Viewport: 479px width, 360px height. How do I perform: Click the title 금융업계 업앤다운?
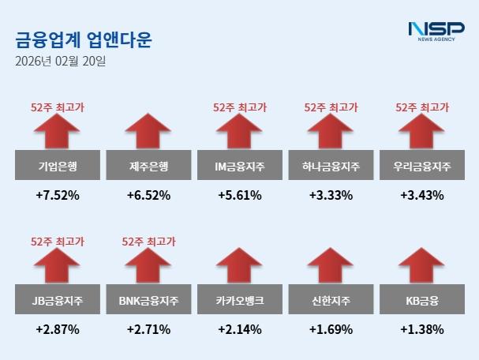click(x=84, y=39)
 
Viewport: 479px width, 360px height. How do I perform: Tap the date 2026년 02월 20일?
click(x=60, y=61)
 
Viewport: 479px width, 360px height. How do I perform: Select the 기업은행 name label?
click(x=57, y=167)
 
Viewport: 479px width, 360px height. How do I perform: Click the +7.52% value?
click(x=57, y=195)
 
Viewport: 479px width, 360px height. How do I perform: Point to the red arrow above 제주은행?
click(x=148, y=131)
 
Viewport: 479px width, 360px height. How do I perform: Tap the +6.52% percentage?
click(x=148, y=195)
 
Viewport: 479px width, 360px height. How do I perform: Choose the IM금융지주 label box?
click(x=240, y=167)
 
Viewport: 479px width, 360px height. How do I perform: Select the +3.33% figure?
click(x=331, y=195)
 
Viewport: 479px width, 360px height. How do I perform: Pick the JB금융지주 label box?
click(x=57, y=301)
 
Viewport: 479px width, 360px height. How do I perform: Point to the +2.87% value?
click(x=57, y=329)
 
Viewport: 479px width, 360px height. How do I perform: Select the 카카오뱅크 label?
click(x=240, y=301)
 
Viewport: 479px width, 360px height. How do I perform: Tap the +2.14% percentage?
click(x=240, y=329)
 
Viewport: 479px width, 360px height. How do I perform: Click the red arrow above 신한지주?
click(x=331, y=265)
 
